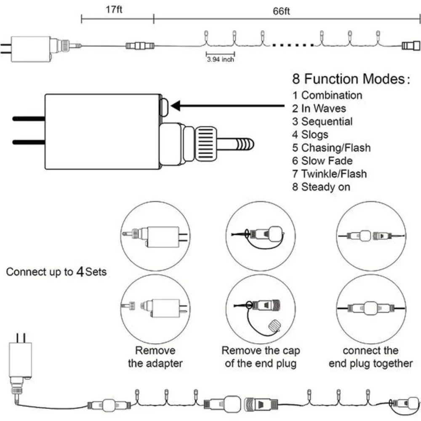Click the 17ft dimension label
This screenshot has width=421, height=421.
(x=114, y=10)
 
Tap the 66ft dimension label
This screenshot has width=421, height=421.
(x=281, y=11)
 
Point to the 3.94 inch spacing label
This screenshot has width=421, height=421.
(x=221, y=59)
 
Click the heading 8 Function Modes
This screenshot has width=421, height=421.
(x=351, y=79)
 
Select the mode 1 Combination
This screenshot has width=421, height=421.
(x=327, y=95)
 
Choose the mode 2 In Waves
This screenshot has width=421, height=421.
(x=319, y=109)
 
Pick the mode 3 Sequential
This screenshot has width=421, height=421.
(x=322, y=122)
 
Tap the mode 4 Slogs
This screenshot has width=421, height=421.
(x=310, y=135)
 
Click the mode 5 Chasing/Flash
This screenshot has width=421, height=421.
(x=332, y=148)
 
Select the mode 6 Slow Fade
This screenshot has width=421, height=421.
(x=322, y=161)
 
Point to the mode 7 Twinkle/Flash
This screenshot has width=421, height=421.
(x=330, y=174)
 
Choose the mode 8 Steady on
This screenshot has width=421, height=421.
(x=321, y=187)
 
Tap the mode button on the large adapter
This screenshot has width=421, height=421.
(x=164, y=107)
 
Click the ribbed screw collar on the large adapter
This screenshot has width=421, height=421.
(x=206, y=144)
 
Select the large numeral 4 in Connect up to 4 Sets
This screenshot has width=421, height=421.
(x=80, y=272)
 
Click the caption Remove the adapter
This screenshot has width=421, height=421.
(x=155, y=357)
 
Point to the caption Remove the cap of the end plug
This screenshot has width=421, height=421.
(x=261, y=357)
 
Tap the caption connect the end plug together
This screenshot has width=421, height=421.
(x=371, y=357)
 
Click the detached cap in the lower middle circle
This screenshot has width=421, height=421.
(x=274, y=325)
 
